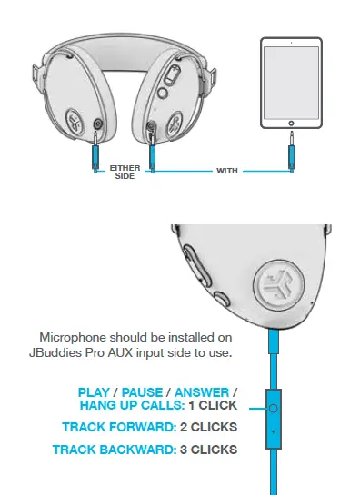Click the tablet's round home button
(291, 120)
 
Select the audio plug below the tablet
(291, 150)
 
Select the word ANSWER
(200, 392)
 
